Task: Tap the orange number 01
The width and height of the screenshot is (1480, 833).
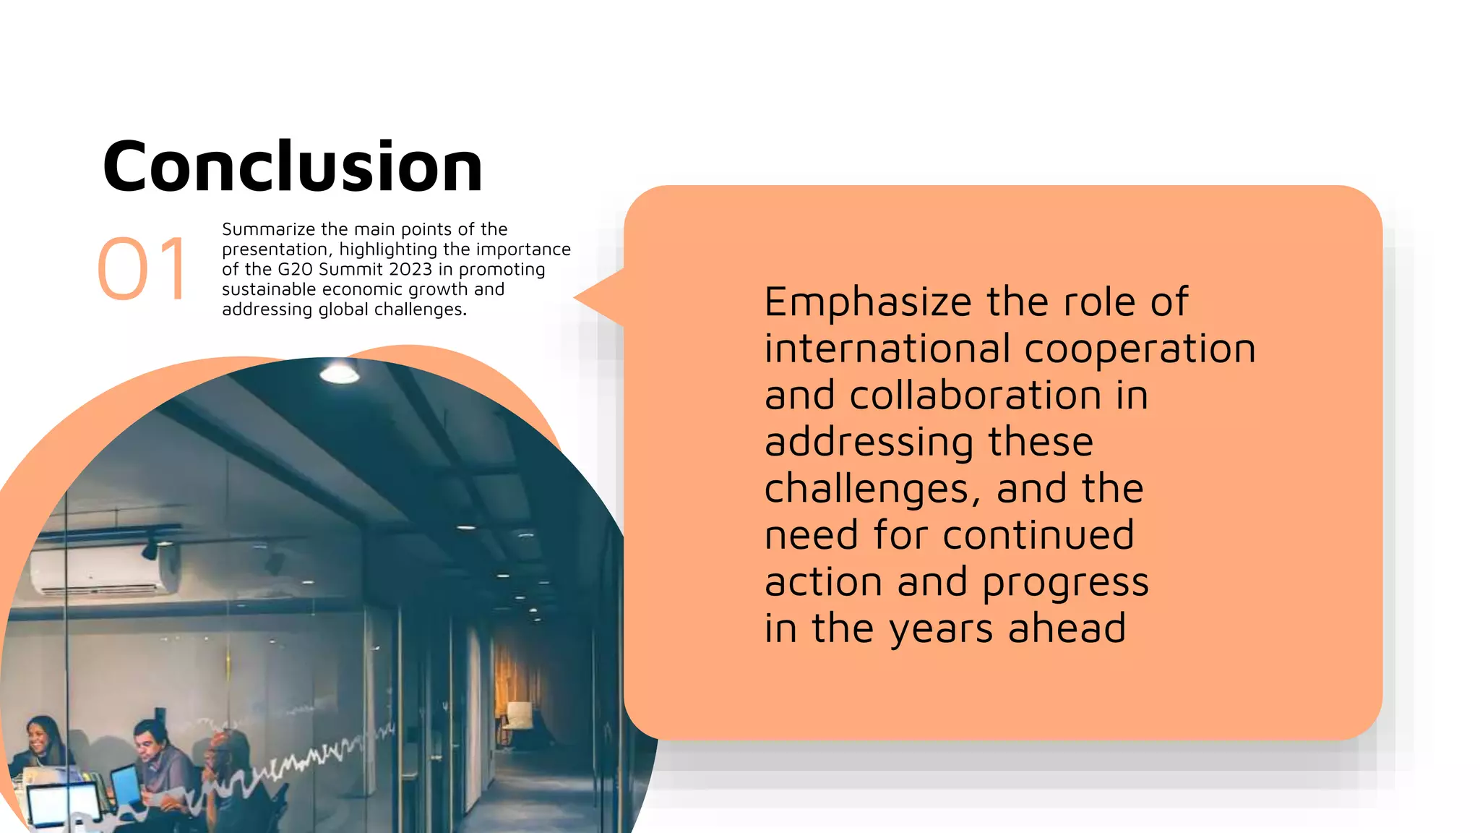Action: (142, 269)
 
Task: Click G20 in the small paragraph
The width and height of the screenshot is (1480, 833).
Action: (295, 270)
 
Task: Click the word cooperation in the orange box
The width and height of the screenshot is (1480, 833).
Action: (1140, 349)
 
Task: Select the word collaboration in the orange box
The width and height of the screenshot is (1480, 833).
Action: (975, 396)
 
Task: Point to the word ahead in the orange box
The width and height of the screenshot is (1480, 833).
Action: (1067, 628)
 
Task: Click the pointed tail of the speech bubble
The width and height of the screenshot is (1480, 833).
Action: (589, 296)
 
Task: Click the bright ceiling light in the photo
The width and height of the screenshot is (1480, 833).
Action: (339, 373)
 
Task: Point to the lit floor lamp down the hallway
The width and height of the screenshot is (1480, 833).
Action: (517, 715)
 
